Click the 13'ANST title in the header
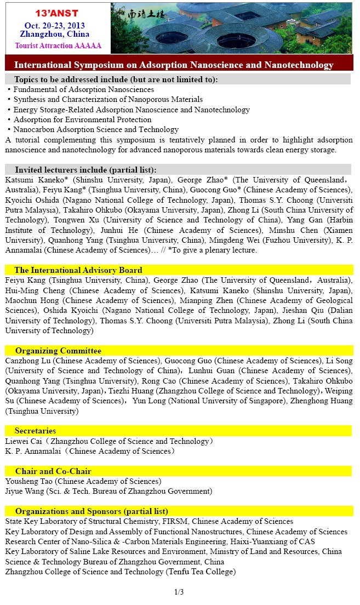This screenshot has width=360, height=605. click(x=56, y=12)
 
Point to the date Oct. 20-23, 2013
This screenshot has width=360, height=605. click(x=54, y=25)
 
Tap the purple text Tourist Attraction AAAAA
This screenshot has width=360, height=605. click(x=58, y=45)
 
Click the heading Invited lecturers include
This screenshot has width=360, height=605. click(x=85, y=169)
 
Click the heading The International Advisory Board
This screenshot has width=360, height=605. click(x=78, y=270)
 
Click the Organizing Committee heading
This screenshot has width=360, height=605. click(x=58, y=351)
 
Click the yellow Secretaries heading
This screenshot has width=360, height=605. click(x=36, y=431)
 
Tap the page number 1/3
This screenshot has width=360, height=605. click(x=179, y=592)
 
